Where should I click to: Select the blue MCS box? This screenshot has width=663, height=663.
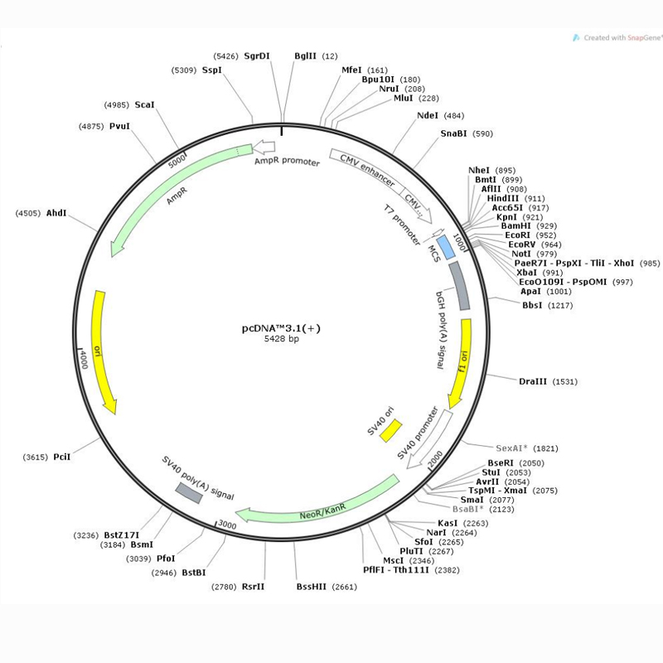[x=446, y=246]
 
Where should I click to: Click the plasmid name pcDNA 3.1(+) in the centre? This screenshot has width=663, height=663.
[x=281, y=327]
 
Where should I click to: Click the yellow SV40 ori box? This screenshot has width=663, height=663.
[x=390, y=430]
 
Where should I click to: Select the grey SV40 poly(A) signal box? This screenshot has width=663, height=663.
[x=188, y=491]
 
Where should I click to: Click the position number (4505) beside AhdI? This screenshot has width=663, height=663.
[x=29, y=213]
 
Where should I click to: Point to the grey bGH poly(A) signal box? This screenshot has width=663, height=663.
[x=459, y=286]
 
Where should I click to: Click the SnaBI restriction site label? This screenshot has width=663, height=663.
[x=453, y=133]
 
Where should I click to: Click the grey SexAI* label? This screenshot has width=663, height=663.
[x=513, y=448]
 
